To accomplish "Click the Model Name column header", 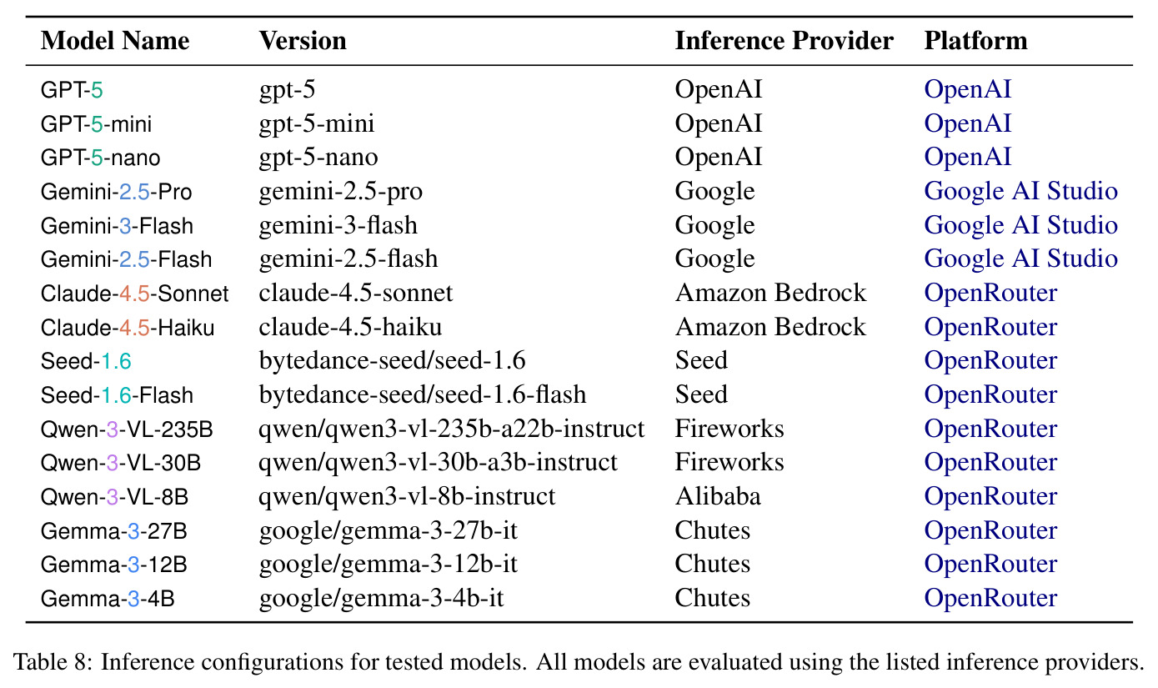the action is coord(115,41).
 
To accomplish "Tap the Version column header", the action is coord(303,41).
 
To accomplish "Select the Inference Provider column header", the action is coord(784,41).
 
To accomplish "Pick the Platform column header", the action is coord(975,41).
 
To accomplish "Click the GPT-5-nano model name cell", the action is coord(100,158).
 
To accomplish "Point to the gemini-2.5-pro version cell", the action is coord(341,192).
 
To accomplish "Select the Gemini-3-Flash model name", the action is coord(117,226).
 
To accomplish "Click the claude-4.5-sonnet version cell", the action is coord(356,293).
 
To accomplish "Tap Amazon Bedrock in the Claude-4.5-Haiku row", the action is coord(770,327).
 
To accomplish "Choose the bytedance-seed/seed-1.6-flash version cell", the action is coord(423,394).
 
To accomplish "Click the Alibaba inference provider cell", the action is coord(718,496).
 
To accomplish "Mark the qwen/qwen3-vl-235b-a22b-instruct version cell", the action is coord(452,429).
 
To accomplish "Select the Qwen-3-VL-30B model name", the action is coord(120,463).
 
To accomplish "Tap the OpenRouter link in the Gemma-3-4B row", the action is coord(990,599).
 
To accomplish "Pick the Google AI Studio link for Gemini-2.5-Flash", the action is coord(1021,259).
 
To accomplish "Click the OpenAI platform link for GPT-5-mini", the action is coord(967,124).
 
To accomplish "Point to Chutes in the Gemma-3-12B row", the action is coord(712,565).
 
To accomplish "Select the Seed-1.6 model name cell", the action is coord(86,361).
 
